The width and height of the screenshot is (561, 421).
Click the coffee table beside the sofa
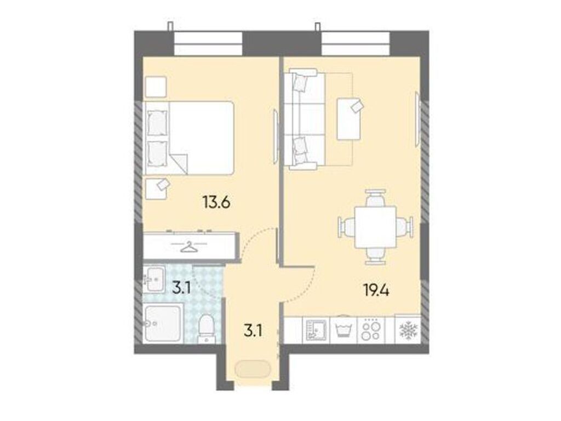[350, 118]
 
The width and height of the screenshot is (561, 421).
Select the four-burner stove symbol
[372, 331]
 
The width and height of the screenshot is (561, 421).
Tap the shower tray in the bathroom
[163, 324]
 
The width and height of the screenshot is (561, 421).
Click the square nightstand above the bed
[155, 87]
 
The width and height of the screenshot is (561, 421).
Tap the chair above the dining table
[375, 198]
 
